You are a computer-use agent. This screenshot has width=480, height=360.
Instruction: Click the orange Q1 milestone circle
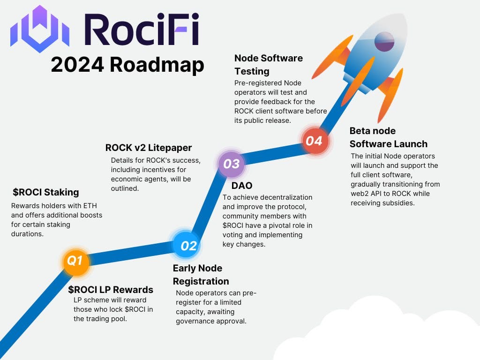click(75, 261)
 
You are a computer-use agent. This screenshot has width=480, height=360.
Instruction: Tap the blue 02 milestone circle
click(188, 245)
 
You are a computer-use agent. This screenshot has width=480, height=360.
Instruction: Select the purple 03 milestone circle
click(232, 164)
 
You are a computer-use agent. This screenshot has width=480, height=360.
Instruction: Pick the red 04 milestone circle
click(314, 141)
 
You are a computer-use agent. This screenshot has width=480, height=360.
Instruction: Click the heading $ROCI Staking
click(46, 192)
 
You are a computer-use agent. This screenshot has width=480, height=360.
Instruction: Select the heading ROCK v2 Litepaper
click(149, 148)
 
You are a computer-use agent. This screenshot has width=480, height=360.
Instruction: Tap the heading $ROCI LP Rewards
click(111, 289)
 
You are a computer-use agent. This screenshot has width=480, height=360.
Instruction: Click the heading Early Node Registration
click(201, 275)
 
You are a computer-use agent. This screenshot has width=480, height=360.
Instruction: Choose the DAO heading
click(242, 186)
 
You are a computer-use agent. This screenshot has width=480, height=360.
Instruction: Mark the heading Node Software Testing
click(269, 65)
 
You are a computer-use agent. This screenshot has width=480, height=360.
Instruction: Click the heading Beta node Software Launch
click(388, 137)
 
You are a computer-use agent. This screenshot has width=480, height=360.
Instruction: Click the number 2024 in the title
click(77, 64)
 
